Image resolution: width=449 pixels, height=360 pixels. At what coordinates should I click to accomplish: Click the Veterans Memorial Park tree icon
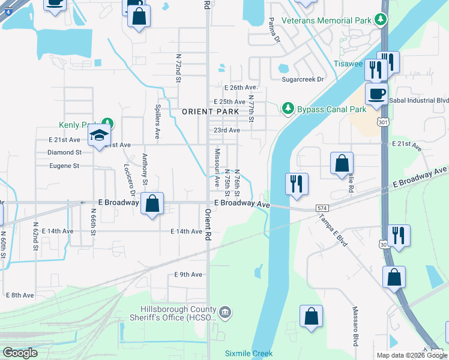(x=379, y=20)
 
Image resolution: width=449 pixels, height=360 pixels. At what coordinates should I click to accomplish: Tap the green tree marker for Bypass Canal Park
(x=288, y=109)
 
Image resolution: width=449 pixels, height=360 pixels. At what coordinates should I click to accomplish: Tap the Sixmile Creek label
(x=249, y=354)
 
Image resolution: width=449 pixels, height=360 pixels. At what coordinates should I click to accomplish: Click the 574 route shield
(x=323, y=208)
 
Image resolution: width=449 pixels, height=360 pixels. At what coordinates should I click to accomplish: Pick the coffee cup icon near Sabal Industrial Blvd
(x=376, y=95)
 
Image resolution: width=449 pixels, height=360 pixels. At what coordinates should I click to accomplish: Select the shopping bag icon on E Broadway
(x=153, y=203)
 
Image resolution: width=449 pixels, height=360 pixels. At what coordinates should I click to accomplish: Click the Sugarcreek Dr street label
(x=303, y=79)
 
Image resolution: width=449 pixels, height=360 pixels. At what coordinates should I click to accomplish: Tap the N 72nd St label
(x=178, y=68)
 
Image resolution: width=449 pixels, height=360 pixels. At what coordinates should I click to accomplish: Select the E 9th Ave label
(x=188, y=274)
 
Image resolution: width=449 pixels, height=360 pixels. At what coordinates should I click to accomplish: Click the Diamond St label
(x=64, y=152)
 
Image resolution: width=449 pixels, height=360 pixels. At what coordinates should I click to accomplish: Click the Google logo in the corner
(x=20, y=353)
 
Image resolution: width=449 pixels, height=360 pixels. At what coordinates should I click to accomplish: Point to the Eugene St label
(x=65, y=166)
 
